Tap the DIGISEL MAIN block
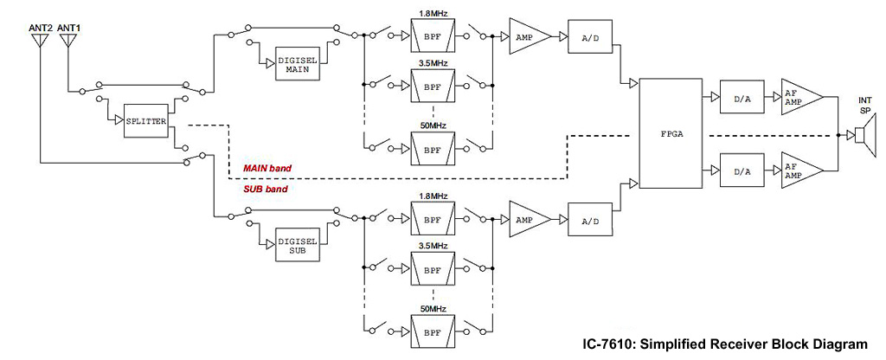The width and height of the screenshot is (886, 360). [x=299, y=63]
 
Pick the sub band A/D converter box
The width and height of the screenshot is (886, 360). [x=589, y=221]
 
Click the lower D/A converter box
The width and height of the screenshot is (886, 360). [x=742, y=171]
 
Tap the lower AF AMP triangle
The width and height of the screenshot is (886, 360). [x=797, y=171]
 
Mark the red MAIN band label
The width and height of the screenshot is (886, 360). [x=267, y=166]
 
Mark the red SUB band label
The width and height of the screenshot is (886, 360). [x=266, y=188]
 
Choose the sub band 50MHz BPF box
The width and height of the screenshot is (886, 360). [x=430, y=331]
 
